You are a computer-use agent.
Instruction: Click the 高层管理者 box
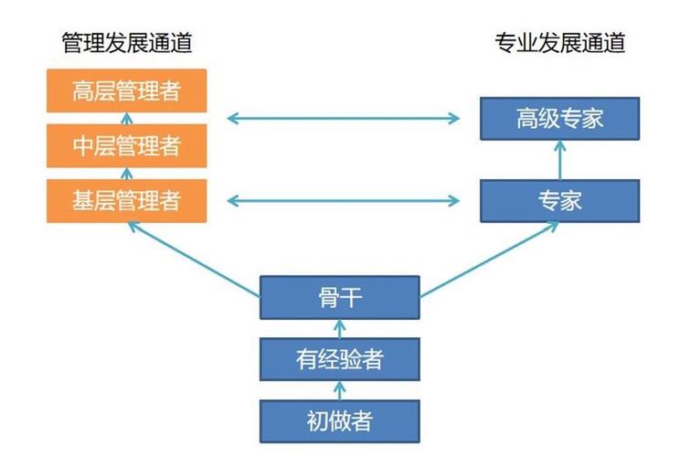click(127, 91)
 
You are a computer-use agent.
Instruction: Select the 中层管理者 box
click(127, 145)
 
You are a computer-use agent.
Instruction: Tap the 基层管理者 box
click(127, 200)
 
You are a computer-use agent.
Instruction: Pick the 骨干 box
click(339, 297)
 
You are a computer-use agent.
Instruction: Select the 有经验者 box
click(339, 359)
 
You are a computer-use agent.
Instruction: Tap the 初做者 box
click(339, 420)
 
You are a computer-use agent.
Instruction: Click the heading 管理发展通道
click(127, 42)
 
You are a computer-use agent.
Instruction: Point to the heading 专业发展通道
click(560, 42)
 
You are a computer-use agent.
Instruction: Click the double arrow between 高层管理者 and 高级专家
click(344, 117)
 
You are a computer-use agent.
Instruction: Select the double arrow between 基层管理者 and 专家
click(344, 199)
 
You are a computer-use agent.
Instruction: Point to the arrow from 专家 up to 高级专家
click(560, 160)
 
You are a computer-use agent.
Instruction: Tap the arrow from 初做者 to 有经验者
click(339, 390)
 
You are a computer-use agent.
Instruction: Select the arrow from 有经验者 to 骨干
click(339, 328)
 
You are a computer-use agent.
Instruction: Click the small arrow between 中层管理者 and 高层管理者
click(127, 118)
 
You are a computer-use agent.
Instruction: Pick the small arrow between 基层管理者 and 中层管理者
click(127, 173)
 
